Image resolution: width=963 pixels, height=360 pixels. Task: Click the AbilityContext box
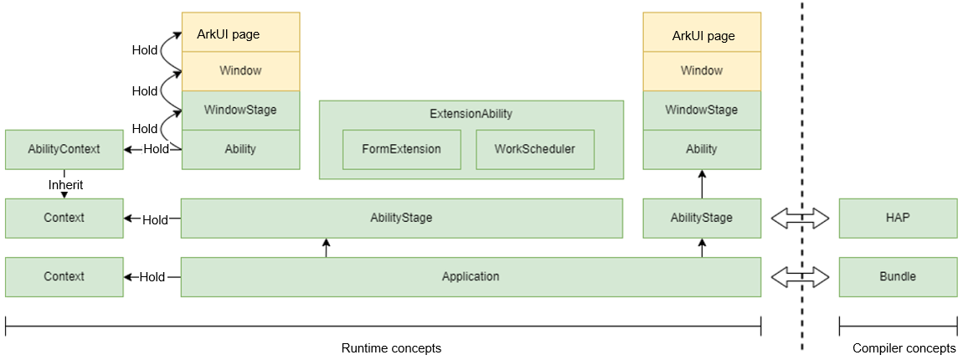pos(64,149)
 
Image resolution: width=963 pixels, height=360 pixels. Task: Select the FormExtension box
pos(402,149)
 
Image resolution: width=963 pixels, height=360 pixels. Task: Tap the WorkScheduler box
pos(535,149)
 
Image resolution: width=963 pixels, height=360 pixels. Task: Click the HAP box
pos(898,218)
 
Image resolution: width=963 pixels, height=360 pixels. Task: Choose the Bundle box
pos(898,277)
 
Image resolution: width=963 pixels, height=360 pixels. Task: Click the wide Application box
pos(471,277)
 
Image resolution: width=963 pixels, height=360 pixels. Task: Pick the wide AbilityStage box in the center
pos(402,218)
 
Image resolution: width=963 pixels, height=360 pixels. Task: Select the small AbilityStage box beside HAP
pos(702,218)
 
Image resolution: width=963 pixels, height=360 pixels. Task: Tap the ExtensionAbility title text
pos(471,114)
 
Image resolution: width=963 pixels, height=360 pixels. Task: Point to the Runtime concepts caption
pos(391,348)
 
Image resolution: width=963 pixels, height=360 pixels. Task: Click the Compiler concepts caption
pos(905,348)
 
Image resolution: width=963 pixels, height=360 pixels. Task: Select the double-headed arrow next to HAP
pos(801,218)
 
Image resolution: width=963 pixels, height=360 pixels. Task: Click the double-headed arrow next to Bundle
pos(801,277)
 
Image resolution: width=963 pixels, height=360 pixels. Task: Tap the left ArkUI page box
pos(241,32)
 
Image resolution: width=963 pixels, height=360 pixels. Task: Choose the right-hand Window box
pos(702,71)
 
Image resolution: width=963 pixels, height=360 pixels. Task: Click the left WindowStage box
pos(241,111)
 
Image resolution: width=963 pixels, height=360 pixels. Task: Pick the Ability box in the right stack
pos(702,149)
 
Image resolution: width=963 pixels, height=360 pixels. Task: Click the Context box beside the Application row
pos(64,277)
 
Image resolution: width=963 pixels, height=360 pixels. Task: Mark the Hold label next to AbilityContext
pos(156,149)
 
